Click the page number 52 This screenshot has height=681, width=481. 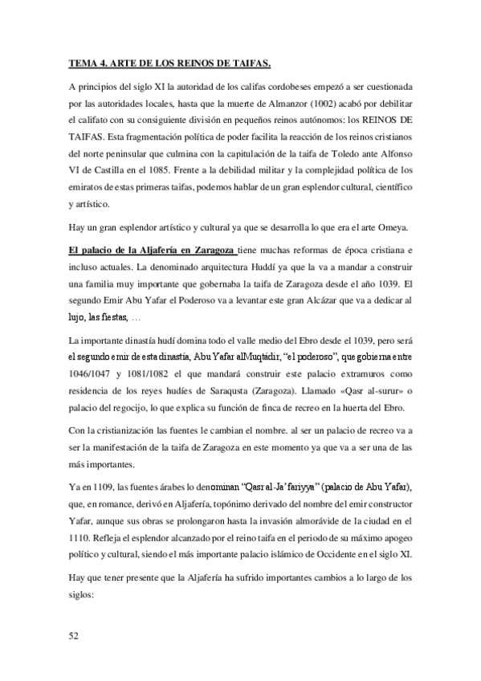[x=73, y=636]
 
